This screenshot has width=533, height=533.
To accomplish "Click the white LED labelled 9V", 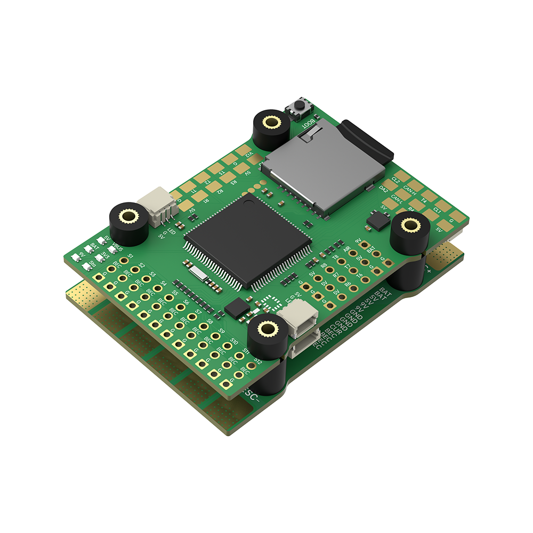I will click(76, 257).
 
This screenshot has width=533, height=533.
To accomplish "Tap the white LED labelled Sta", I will click(87, 267).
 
